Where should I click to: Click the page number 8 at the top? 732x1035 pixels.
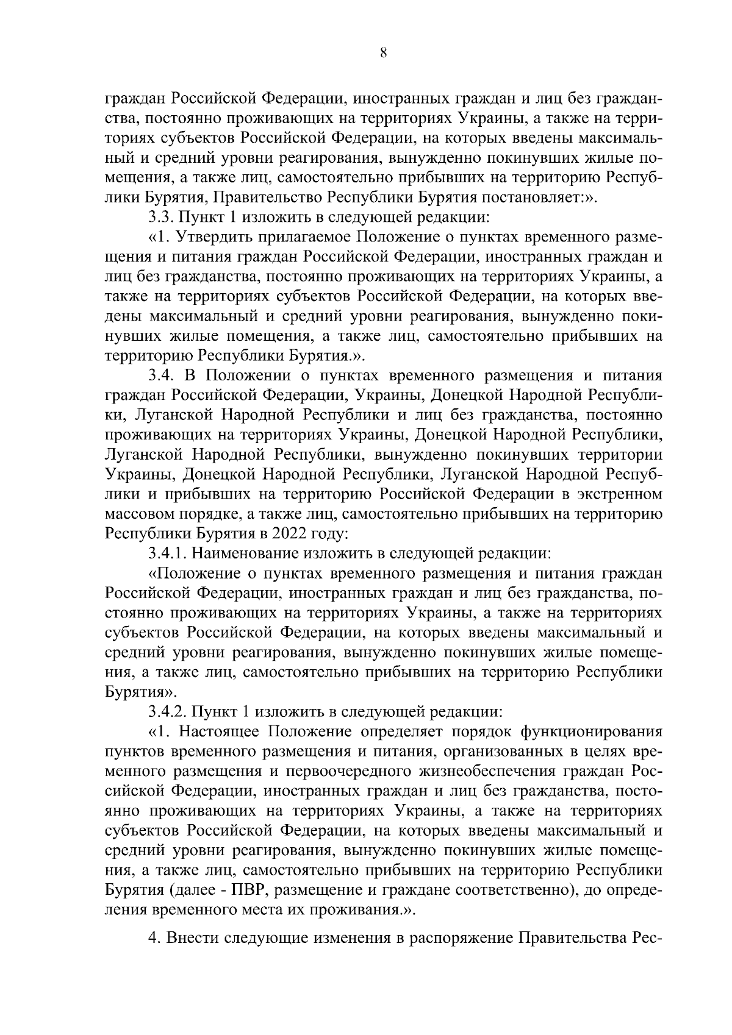(383, 53)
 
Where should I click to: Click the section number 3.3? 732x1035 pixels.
(161, 216)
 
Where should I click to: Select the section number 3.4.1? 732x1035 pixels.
(170, 553)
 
